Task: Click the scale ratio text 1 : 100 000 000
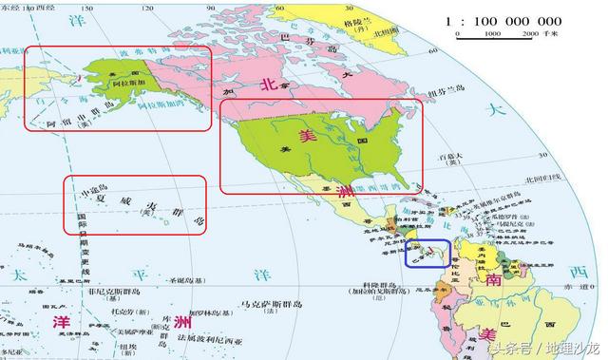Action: [x=503, y=20]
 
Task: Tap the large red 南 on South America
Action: [x=494, y=282]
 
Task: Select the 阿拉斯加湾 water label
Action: [x=171, y=113]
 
